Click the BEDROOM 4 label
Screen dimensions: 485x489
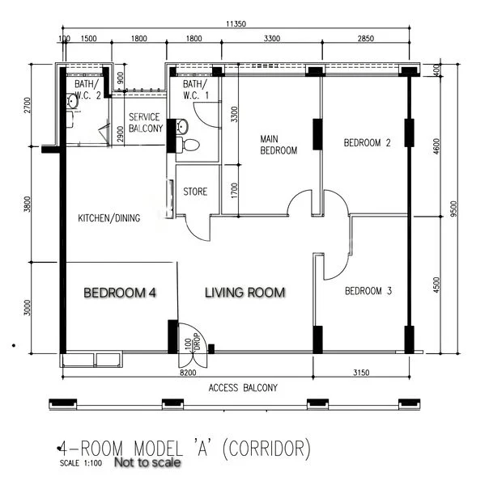(x=119, y=292)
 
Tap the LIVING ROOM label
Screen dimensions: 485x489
(x=245, y=292)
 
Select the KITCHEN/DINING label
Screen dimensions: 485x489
(x=109, y=218)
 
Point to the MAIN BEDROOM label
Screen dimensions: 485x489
(x=278, y=145)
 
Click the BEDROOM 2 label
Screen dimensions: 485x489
(x=367, y=143)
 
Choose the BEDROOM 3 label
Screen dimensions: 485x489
(x=368, y=291)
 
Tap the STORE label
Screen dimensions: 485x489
(x=195, y=192)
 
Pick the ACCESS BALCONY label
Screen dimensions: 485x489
(x=243, y=388)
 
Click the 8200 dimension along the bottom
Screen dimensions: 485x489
(x=188, y=373)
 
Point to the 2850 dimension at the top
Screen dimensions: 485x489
(x=367, y=39)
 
